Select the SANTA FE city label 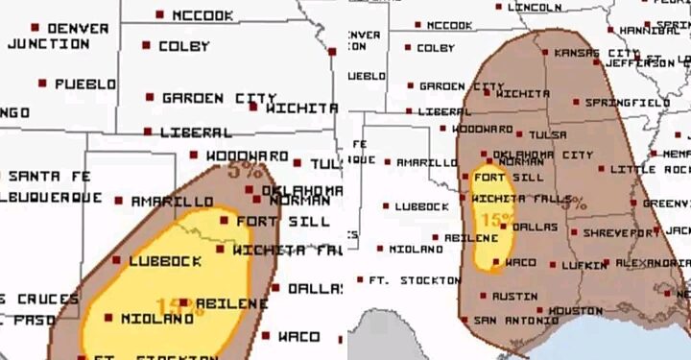coord(49,176)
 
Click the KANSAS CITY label coord(596,53)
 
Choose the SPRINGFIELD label coord(627,102)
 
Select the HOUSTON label coord(576,310)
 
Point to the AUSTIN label coord(515,296)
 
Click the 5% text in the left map coord(247,171)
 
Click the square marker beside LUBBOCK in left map coord(117,260)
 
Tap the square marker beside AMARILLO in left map coord(119,202)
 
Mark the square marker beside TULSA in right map coord(519,134)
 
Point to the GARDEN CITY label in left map coord(218,98)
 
